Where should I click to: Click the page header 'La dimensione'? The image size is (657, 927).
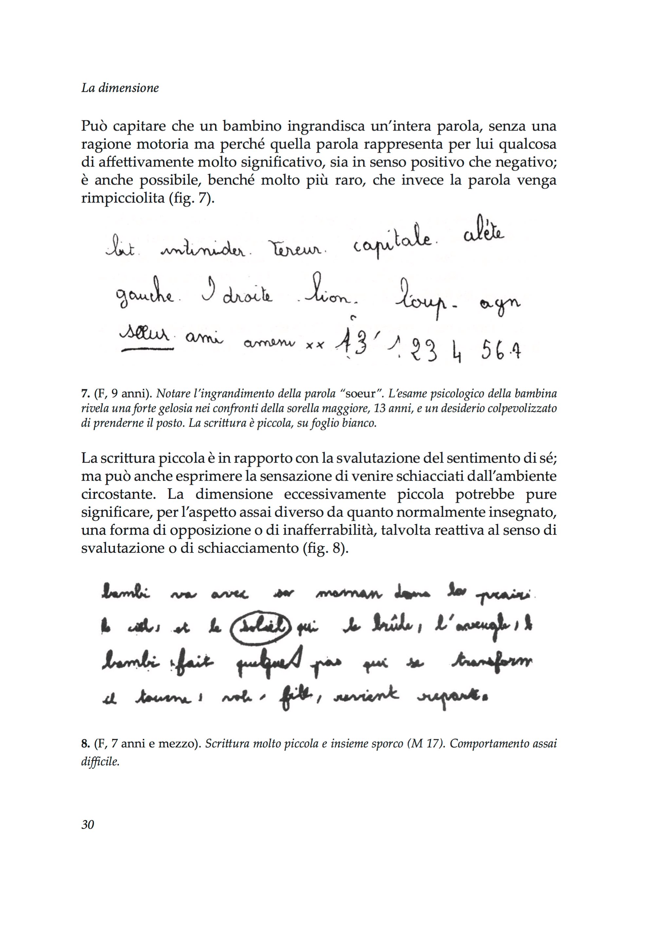click(120, 88)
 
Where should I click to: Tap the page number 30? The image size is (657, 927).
click(88, 824)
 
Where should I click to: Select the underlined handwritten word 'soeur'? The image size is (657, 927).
click(144, 336)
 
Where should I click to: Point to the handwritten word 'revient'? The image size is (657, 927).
click(366, 695)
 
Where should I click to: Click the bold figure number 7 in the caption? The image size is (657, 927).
click(84, 394)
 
